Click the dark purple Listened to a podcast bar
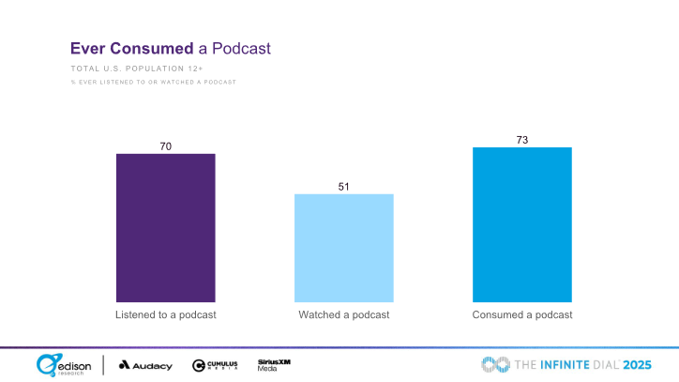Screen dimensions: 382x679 pyautogui.click(x=166, y=227)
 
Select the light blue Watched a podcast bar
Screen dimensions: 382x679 pyautogui.click(x=344, y=248)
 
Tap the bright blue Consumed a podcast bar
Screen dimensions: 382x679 pyautogui.click(x=522, y=224)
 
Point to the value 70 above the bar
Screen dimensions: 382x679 pyautogui.click(x=166, y=145)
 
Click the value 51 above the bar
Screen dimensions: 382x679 pyautogui.click(x=344, y=186)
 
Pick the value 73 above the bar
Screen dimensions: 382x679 pyautogui.click(x=522, y=139)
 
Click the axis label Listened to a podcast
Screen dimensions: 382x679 pyautogui.click(x=166, y=314)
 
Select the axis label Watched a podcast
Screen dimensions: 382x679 pyautogui.click(x=344, y=314)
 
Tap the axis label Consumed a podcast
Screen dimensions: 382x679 pyautogui.click(x=522, y=314)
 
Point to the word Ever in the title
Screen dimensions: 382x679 pyautogui.click(x=91, y=48)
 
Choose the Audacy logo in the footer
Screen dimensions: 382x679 pyautogui.click(x=145, y=365)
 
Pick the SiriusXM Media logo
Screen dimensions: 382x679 pyautogui.click(x=273, y=364)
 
